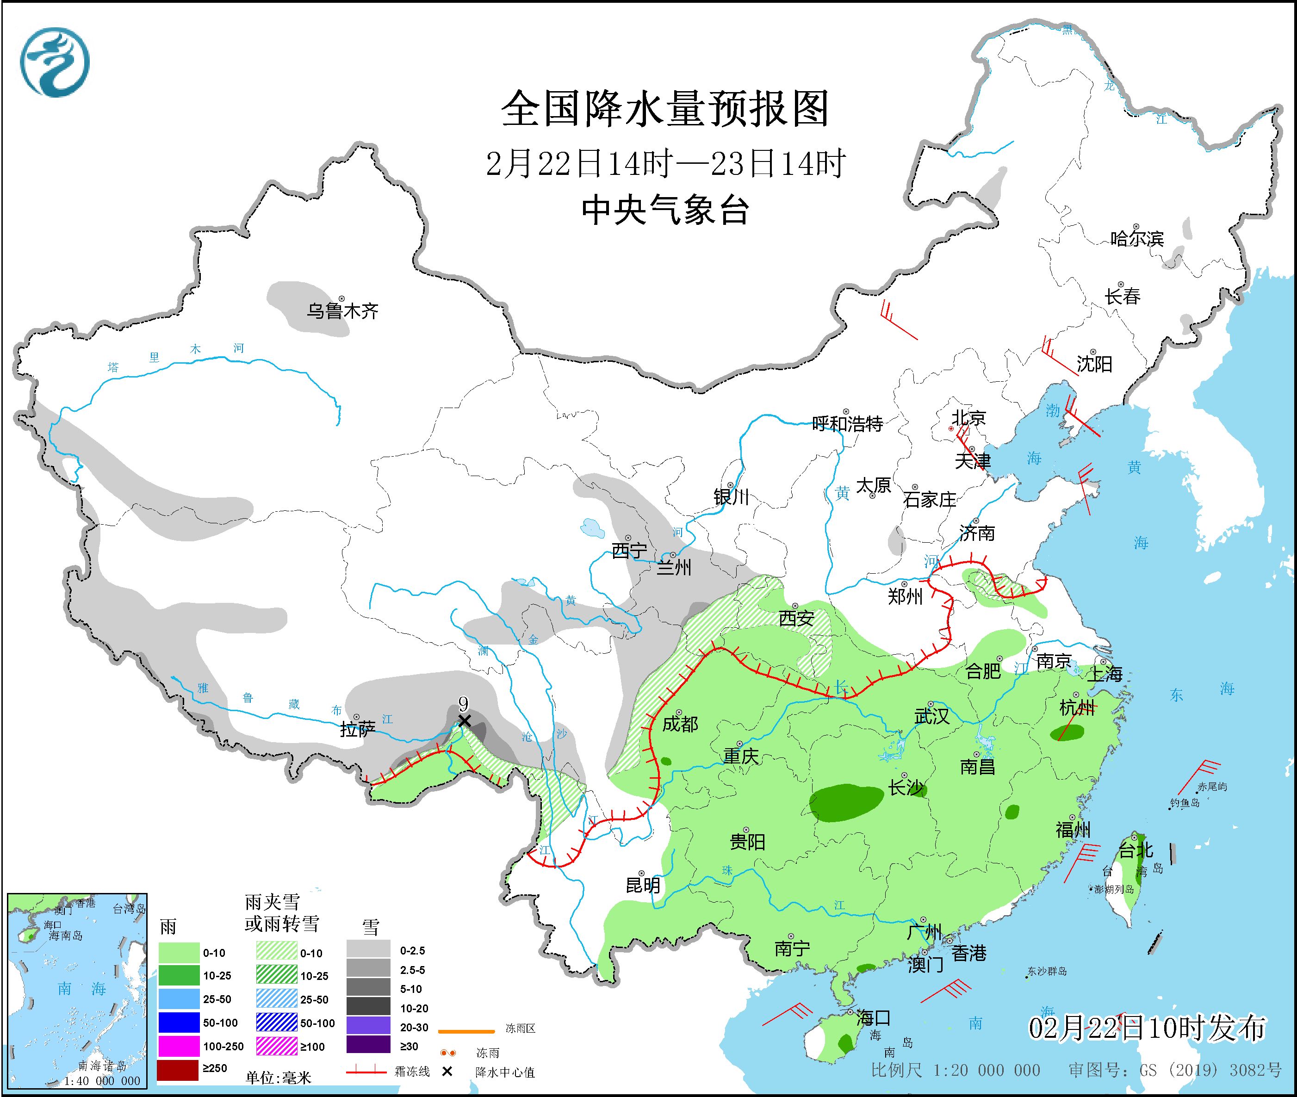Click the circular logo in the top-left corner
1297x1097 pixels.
[x=55, y=62]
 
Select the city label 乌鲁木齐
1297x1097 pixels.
[x=342, y=311]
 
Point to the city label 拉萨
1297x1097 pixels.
[x=358, y=730]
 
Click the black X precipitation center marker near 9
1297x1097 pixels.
[x=464, y=721]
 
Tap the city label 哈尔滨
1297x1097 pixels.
[x=1136, y=238]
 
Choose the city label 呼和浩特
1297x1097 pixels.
[x=847, y=424]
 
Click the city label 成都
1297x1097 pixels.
[x=680, y=724]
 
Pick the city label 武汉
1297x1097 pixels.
[x=931, y=716]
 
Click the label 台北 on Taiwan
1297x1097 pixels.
[x=1136, y=849]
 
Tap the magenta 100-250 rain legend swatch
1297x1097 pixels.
[x=178, y=1046]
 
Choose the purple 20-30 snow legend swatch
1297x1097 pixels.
[x=368, y=1025]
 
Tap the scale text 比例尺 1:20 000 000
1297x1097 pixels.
[x=956, y=1070]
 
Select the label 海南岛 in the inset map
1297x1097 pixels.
[x=65, y=936]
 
